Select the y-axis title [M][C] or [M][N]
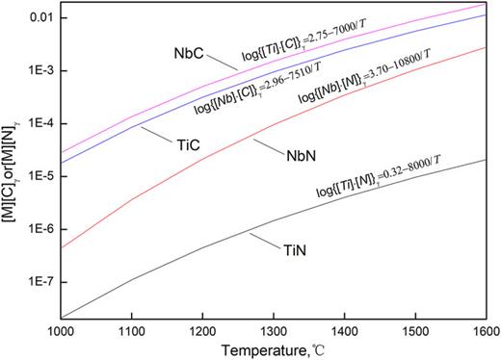pyautogui.click(x=11, y=173)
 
